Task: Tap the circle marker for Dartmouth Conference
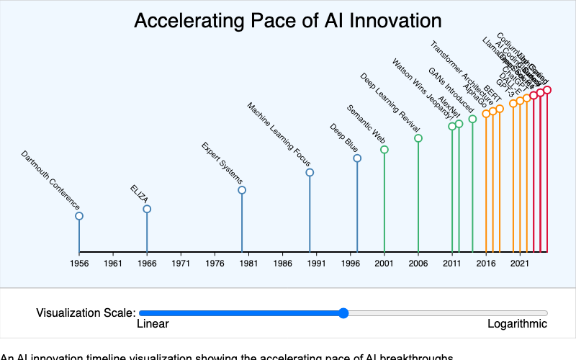point(79,216)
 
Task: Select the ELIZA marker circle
point(147,209)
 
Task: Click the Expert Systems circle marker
point(242,190)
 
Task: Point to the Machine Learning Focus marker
point(310,172)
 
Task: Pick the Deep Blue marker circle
point(357,158)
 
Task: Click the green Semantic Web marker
point(384,150)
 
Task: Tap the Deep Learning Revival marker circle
point(418,138)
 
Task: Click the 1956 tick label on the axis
point(79,264)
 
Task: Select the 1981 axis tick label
point(248,264)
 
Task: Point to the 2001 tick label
point(384,264)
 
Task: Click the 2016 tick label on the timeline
point(486,264)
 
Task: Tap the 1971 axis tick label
point(181,264)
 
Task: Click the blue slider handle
point(343,312)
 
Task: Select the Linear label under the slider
point(153,324)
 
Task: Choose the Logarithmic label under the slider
point(517,324)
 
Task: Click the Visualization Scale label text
point(86,312)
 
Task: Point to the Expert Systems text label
point(222,163)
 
